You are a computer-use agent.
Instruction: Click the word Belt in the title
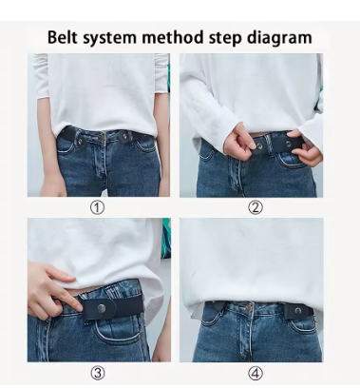[x=63, y=37]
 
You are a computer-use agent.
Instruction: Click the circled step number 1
[x=97, y=207]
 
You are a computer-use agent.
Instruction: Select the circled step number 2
[x=256, y=207]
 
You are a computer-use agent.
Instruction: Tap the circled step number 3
[x=97, y=373]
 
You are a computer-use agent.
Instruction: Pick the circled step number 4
[x=256, y=373]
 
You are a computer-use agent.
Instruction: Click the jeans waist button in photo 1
[x=102, y=137]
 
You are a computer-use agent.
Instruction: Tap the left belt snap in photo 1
[x=78, y=140]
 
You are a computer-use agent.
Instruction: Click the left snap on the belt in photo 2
[x=259, y=145]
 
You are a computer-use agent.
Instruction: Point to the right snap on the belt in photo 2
[x=288, y=145]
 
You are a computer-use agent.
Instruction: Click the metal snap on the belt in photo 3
[x=102, y=307]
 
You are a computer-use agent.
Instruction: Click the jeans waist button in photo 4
[x=249, y=307]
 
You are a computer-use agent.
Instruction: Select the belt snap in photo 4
[x=297, y=311]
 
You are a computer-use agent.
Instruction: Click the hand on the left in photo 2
[x=239, y=143]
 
